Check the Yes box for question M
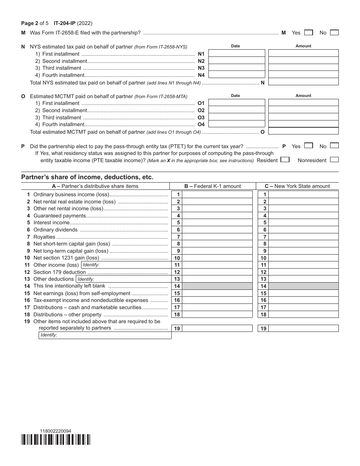308,33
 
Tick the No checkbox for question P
334,145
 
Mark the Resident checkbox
285,160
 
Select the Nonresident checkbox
334,160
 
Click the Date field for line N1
237,53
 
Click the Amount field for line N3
303,68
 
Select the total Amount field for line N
303,82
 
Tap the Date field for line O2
237,110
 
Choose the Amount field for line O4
303,124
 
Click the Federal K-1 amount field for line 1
217,194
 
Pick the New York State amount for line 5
303,223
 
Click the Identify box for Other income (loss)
125,265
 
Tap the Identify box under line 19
105,335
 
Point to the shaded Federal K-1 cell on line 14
217,286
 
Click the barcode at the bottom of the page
56,439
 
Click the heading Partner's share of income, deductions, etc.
87,177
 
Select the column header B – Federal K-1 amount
213,186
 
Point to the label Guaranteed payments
59,216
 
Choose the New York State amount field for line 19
303,328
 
